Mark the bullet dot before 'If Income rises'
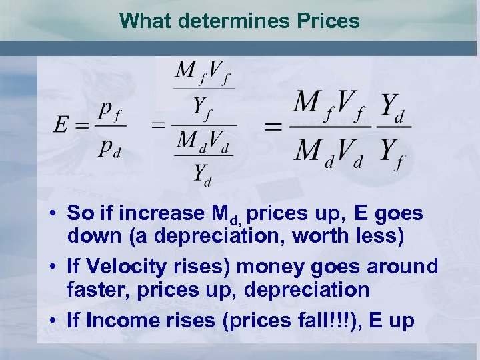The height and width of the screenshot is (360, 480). [53, 321]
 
